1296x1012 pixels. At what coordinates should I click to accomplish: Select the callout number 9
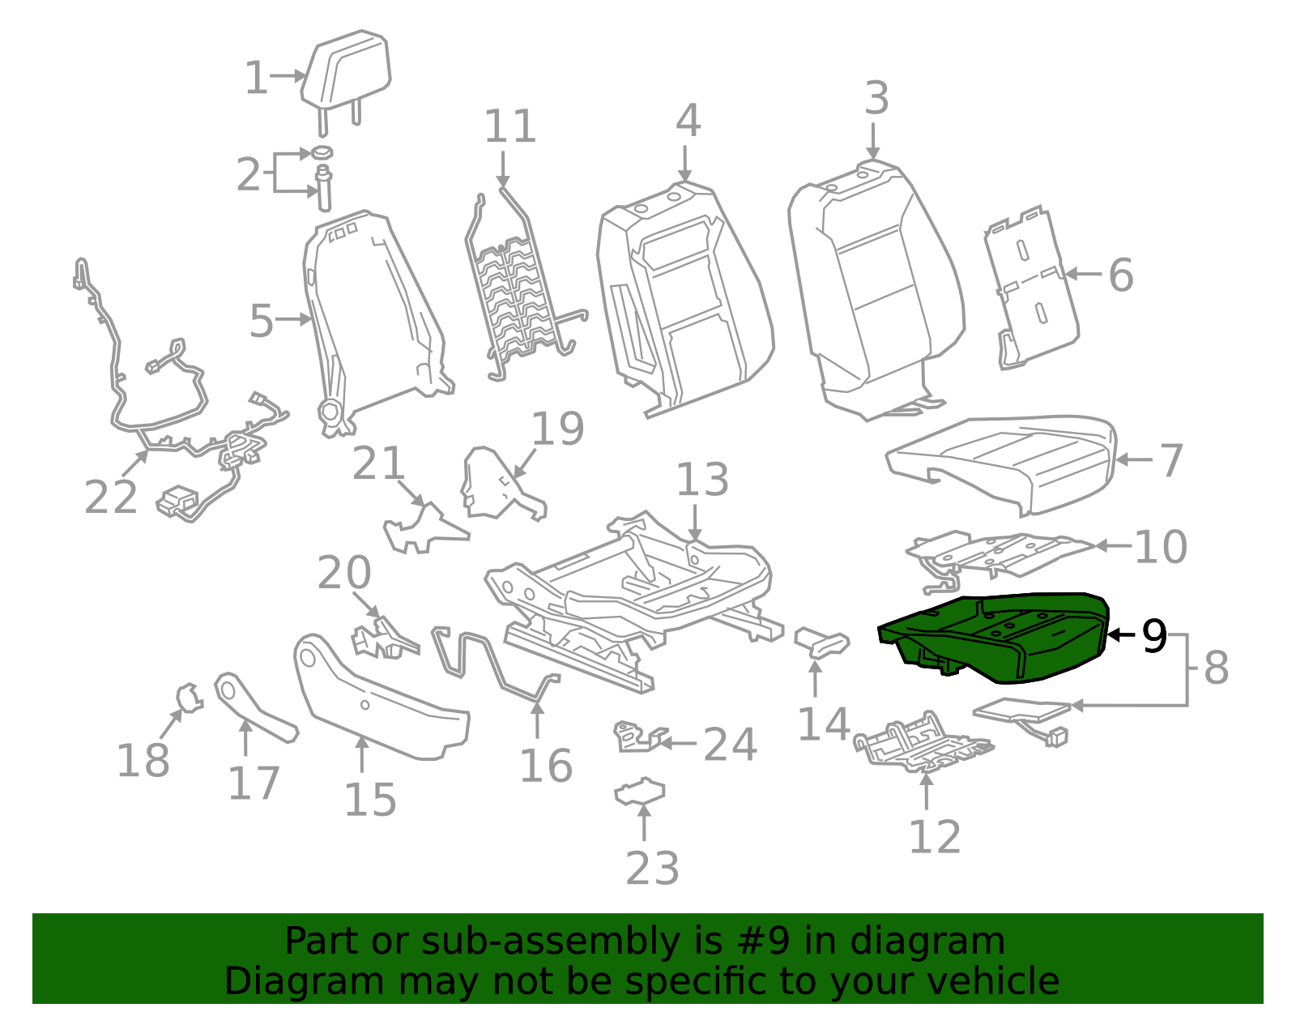click(x=1154, y=636)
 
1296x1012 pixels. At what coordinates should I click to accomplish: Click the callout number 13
click(x=701, y=480)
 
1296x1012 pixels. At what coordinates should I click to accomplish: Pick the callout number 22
click(x=111, y=497)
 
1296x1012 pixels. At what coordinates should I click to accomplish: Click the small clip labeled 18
click(x=190, y=697)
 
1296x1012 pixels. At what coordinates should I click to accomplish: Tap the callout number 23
click(x=652, y=869)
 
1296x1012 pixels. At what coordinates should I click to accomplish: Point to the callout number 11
click(x=509, y=126)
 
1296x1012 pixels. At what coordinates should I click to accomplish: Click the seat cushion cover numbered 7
click(x=1004, y=462)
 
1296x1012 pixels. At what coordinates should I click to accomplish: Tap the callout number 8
click(x=1216, y=668)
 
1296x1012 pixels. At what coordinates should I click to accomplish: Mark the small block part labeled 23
click(x=640, y=792)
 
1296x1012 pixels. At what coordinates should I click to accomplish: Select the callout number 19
click(x=557, y=429)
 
